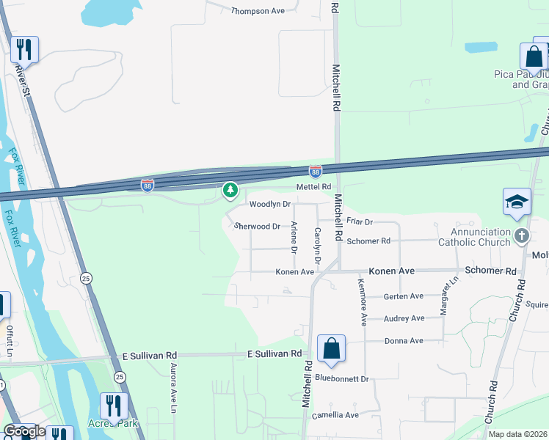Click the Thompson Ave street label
(x=257, y=11)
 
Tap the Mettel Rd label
(x=314, y=188)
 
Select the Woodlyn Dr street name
(x=270, y=204)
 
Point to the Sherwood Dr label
(x=258, y=227)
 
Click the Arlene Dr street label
(x=294, y=238)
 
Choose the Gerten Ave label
(x=404, y=296)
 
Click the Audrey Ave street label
(x=404, y=318)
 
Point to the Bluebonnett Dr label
(x=341, y=378)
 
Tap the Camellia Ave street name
(x=336, y=415)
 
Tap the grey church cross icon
(x=522, y=236)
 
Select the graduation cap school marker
(x=517, y=202)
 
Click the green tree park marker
(x=230, y=191)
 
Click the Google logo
(x=24, y=431)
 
